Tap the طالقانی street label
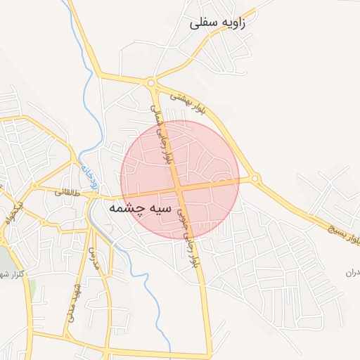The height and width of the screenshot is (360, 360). click(x=71, y=191)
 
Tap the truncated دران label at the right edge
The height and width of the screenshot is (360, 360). click(x=352, y=271)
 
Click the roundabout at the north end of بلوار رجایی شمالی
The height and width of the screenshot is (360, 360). click(x=151, y=83)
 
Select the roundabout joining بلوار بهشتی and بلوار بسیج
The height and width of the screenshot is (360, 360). click(x=255, y=179)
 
